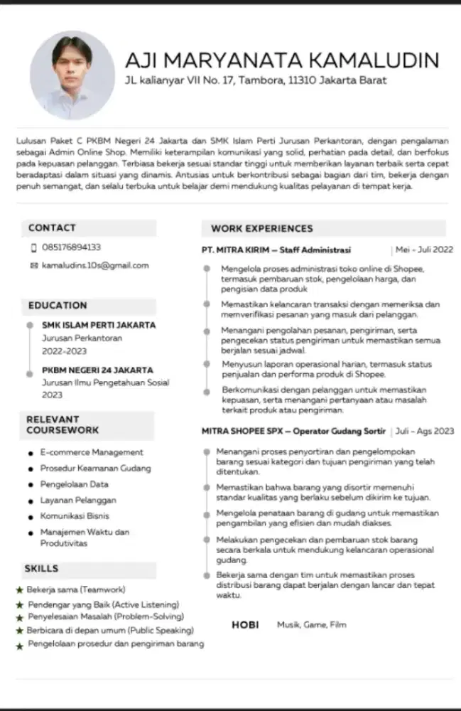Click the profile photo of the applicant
pyautogui.click(x=72, y=75)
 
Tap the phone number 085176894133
pyautogui.click(x=71, y=247)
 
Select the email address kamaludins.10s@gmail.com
pyautogui.click(x=95, y=265)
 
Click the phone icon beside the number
pyautogui.click(x=33, y=248)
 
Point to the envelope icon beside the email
pyautogui.click(x=33, y=266)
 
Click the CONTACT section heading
pyautogui.click(x=52, y=228)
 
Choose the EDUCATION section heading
pyautogui.click(x=58, y=305)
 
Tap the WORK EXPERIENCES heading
pyautogui.click(x=261, y=228)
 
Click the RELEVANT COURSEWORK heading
pyautogui.click(x=63, y=424)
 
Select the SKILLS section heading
pyautogui.click(x=41, y=568)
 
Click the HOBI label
pyautogui.click(x=245, y=625)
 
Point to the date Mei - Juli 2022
pyautogui.click(x=424, y=250)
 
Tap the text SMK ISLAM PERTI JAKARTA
pyautogui.click(x=99, y=325)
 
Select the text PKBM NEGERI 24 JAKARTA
pyautogui.click(x=97, y=370)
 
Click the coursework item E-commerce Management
pyautogui.click(x=92, y=452)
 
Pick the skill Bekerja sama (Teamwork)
pyautogui.click(x=76, y=589)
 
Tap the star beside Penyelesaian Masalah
pyautogui.click(x=19, y=617)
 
